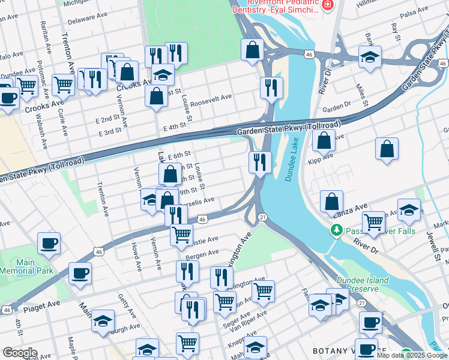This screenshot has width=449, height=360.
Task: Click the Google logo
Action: (x=20, y=353)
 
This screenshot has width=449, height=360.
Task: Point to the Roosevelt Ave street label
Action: (x=214, y=98)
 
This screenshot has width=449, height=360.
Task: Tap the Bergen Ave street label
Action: (x=202, y=255)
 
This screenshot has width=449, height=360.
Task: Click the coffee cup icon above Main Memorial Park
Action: (x=49, y=244)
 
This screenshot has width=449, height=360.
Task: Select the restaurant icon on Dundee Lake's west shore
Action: (x=260, y=162)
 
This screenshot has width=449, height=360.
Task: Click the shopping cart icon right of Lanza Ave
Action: (x=373, y=222)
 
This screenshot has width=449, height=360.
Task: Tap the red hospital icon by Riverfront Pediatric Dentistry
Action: (x=327, y=6)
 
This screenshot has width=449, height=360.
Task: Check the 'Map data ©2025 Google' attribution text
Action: (x=412, y=355)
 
